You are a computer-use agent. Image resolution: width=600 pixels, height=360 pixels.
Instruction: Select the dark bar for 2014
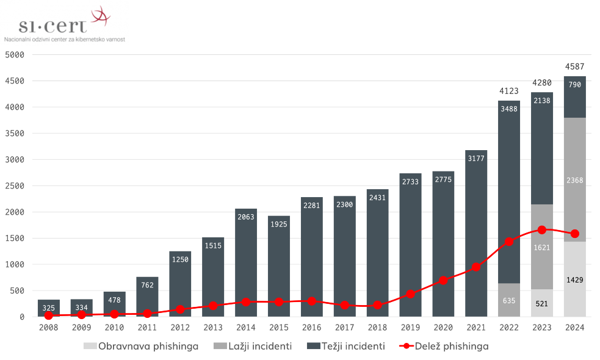246,262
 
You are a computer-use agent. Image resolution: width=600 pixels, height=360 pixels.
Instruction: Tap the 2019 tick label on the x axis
410,328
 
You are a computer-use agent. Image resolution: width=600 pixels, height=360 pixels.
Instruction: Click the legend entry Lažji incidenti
252,346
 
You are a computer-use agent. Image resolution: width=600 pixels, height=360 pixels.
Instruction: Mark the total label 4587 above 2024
574,66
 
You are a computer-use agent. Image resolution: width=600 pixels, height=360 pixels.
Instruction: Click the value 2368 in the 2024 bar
574,180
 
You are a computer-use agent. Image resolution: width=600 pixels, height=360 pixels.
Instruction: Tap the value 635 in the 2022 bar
508,300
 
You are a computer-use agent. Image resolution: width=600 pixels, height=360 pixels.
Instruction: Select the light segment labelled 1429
574,280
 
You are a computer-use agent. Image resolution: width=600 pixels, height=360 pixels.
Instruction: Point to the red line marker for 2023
541,230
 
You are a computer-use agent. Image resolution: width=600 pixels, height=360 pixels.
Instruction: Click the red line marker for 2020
443,281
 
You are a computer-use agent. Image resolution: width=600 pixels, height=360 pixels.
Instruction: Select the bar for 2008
49,308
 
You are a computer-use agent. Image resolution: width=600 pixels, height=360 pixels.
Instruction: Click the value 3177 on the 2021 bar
476,159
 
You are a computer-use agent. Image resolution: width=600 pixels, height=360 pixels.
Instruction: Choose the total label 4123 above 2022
508,91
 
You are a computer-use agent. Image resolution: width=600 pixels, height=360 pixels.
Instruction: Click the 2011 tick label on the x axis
147,328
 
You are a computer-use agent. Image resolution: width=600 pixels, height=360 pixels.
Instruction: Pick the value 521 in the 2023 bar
541,303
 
